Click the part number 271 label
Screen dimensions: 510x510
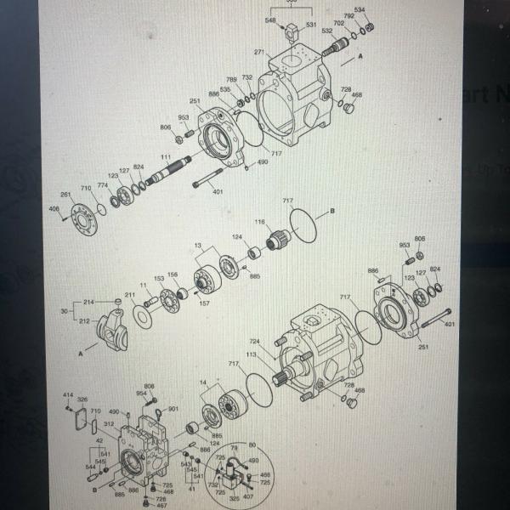coord(258,52)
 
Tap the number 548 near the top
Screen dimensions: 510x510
coord(270,19)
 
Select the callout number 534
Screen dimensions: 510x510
coord(360,10)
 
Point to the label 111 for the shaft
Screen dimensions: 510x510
coord(165,159)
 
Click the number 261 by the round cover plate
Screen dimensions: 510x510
coord(65,195)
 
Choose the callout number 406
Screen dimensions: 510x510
coord(54,208)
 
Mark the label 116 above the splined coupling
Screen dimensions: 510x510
coord(259,222)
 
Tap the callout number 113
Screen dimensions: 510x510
coord(251,354)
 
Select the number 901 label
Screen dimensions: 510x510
coord(173,409)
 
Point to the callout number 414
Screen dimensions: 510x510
coord(68,395)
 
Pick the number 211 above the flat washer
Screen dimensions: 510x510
coord(129,295)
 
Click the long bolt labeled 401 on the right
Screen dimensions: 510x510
coord(430,320)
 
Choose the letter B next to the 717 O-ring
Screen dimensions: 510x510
coord(332,208)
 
